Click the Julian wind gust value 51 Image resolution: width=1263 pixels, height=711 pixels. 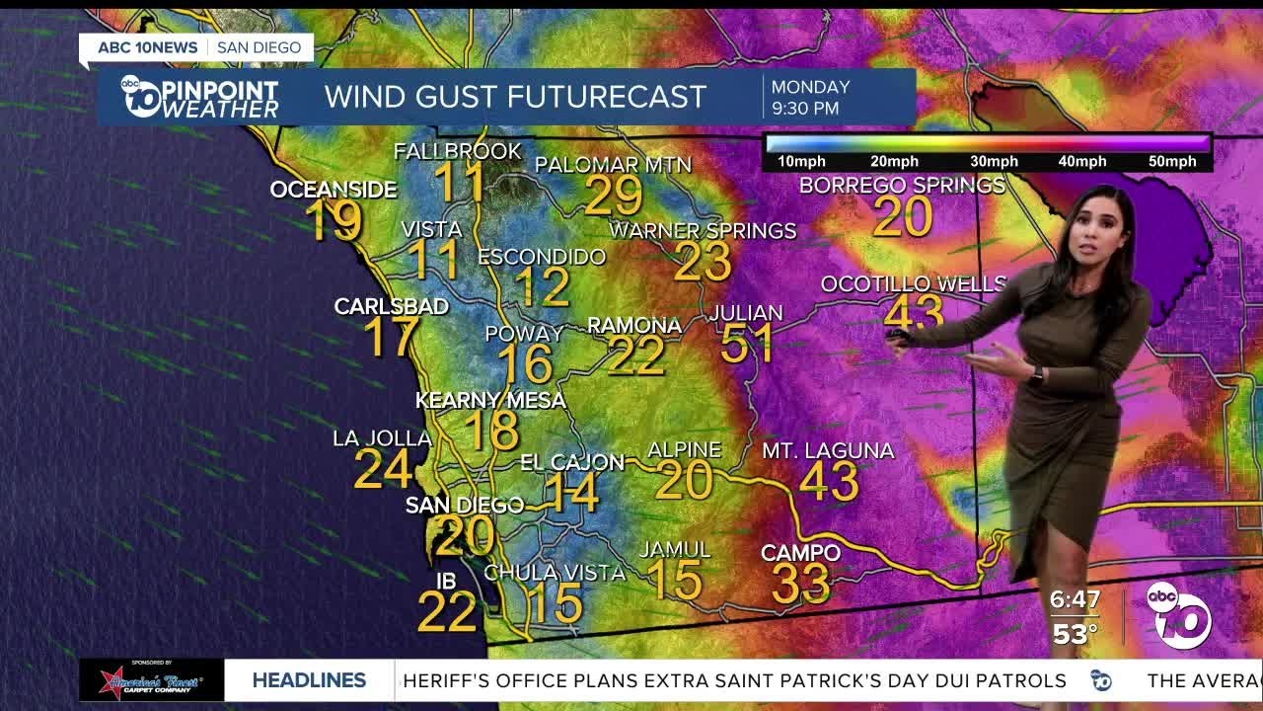[747, 343]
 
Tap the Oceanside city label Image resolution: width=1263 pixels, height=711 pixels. [334, 190]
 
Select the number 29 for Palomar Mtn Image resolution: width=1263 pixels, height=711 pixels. [613, 196]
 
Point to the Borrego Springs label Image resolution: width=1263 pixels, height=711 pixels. [902, 185]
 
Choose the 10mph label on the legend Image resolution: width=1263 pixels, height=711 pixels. [799, 162]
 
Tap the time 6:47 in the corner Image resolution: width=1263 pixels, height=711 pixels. [1075, 600]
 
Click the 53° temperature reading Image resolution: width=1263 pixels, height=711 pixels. [1075, 634]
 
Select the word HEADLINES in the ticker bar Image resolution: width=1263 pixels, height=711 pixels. [309, 680]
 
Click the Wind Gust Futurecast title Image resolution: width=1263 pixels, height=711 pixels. [515, 97]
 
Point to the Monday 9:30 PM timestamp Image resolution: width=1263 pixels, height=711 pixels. [810, 97]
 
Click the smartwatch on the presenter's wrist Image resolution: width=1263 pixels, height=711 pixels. [1036, 374]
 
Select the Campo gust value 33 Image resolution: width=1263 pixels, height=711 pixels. [800, 583]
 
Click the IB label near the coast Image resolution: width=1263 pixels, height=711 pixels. [446, 581]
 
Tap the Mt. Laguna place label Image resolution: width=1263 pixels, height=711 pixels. [828, 451]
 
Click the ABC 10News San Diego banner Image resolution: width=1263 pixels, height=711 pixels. [196, 47]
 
